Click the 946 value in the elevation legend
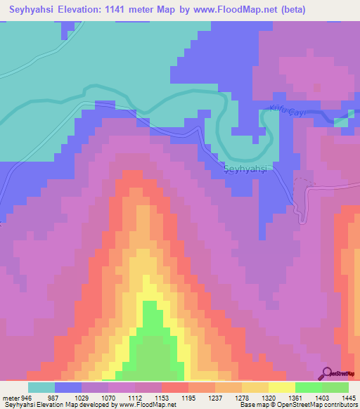pos(27,397)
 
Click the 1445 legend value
pos(348,397)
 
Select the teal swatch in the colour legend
pos(41,387)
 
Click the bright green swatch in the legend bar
pos(308,387)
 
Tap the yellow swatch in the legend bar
pos(281,387)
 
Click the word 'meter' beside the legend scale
pos(10,397)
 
